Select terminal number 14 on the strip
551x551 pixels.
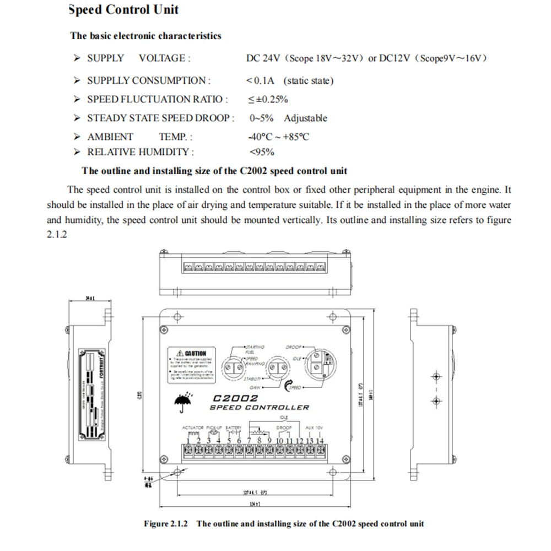319,441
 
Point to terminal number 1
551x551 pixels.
188,441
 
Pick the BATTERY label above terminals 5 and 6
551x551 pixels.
234,428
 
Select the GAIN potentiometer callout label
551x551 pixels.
255,388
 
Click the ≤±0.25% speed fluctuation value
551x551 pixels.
268,99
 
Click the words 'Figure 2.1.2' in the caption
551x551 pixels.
166,523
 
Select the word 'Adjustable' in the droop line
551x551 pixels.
305,118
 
